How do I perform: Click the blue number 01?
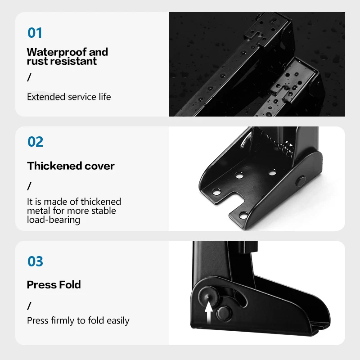pos(35,33)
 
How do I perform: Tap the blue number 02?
pos(35,142)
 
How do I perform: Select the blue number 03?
pos(35,261)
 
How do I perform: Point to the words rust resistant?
pos(62,61)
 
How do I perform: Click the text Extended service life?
pos(69,97)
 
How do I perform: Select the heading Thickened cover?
pos(71,166)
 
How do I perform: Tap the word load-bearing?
pos(54,220)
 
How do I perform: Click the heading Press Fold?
pos(54,284)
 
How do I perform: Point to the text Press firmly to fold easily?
pos(78,320)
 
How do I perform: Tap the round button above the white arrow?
pos(208,295)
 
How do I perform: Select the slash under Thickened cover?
pos(29,185)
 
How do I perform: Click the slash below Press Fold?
pos(29,306)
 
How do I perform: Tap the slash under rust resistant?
pos(29,77)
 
